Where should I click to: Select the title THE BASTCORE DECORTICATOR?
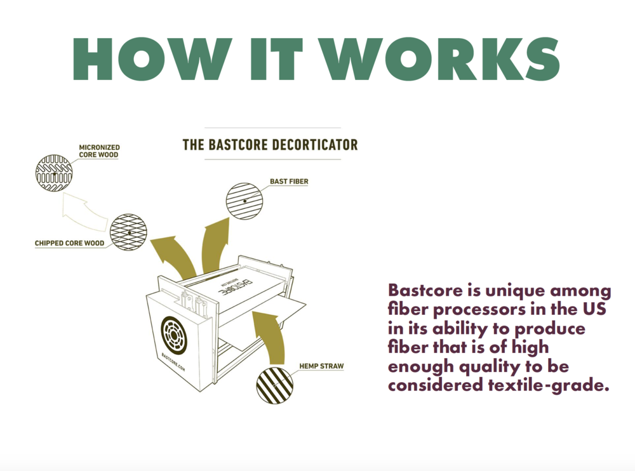click(270, 145)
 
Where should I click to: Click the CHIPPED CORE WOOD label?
click(70, 243)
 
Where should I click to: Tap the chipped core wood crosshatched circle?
click(128, 232)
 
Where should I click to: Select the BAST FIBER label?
click(289, 182)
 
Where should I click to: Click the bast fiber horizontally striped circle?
click(244, 201)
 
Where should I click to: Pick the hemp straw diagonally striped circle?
click(275, 384)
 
